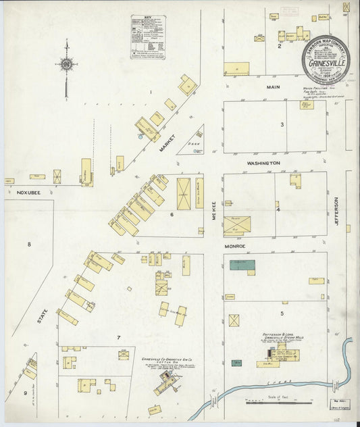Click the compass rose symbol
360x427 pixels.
click(x=67, y=64)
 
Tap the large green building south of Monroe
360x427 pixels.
click(x=242, y=266)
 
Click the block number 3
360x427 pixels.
click(x=282, y=124)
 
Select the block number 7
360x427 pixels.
click(x=118, y=337)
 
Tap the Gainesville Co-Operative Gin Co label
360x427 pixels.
click(x=168, y=361)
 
